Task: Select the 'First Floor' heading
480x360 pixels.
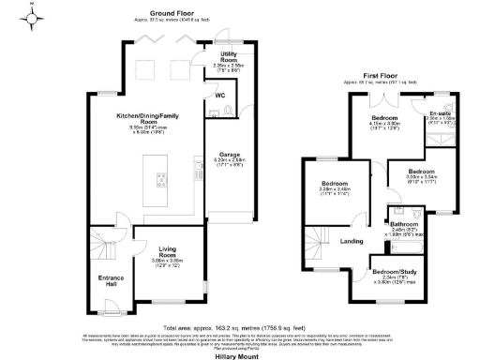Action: coord(383,77)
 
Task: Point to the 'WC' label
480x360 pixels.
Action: coord(219,96)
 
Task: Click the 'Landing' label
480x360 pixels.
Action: coord(352,241)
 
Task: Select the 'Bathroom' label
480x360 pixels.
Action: coord(405,225)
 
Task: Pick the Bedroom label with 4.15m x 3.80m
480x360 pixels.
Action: coord(384,116)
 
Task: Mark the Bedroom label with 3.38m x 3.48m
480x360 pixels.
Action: coord(334,184)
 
